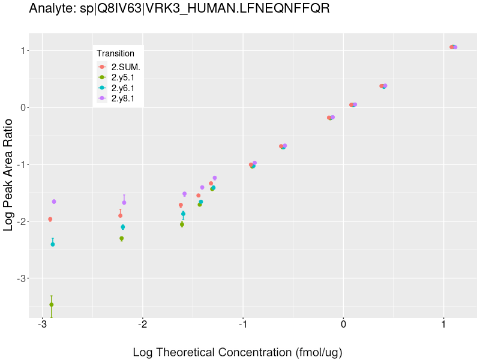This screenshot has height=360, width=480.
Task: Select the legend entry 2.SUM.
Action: click(125, 67)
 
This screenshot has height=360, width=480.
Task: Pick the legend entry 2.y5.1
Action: click(123, 77)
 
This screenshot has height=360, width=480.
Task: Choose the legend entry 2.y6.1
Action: click(123, 88)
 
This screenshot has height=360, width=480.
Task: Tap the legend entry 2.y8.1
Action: click(123, 98)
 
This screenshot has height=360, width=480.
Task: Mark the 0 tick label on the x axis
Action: click(343, 325)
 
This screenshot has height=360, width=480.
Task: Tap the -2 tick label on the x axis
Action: click(142, 325)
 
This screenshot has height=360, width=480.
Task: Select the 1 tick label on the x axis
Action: click(443, 325)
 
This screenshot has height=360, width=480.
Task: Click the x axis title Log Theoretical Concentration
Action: click(237, 352)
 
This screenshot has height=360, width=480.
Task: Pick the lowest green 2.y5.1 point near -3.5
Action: click(52, 305)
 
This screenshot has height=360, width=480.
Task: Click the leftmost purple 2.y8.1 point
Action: click(54, 202)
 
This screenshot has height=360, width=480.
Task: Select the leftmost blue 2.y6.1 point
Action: click(53, 244)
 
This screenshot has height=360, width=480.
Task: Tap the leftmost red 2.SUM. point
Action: click(50, 220)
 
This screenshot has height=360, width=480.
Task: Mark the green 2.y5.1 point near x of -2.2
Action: click(122, 238)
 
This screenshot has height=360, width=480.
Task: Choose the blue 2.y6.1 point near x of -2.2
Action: click(123, 227)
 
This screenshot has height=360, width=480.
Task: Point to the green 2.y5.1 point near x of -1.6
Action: click(182, 224)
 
